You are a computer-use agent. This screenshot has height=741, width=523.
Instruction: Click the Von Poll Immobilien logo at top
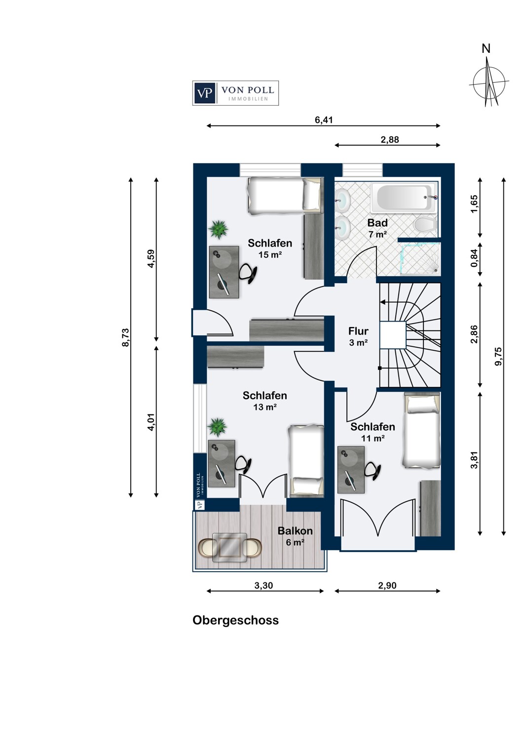pyautogui.click(x=235, y=93)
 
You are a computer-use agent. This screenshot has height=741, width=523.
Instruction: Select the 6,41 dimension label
pyautogui.click(x=324, y=120)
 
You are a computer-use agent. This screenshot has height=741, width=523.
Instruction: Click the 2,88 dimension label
pyautogui.click(x=389, y=140)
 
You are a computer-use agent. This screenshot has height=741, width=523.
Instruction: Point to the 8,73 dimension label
pyautogui.click(x=125, y=337)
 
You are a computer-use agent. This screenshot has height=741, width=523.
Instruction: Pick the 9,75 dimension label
pyautogui.click(x=498, y=356)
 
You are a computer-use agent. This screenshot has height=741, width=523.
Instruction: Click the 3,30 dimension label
pyautogui.click(x=263, y=585)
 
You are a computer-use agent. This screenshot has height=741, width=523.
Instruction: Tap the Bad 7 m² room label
pyautogui.click(x=377, y=228)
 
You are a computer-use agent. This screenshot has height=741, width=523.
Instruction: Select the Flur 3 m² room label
pyautogui.click(x=358, y=336)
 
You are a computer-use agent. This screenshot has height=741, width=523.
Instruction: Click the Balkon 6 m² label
pyautogui.click(x=295, y=536)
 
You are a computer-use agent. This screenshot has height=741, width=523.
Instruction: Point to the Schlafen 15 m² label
pyautogui.click(x=270, y=248)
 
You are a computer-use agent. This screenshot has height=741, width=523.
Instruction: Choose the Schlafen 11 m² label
pyautogui.click(x=373, y=432)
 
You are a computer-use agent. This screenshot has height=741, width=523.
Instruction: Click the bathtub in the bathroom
pyautogui.click(x=404, y=198)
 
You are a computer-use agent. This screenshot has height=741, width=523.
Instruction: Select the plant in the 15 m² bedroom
pyautogui.click(x=219, y=229)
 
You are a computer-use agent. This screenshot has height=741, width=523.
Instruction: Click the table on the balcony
pyautogui.click(x=229, y=547)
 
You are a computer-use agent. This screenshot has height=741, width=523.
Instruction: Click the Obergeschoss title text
pyautogui.click(x=235, y=620)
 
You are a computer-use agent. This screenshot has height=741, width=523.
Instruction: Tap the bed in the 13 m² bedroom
pyautogui.click(x=306, y=459)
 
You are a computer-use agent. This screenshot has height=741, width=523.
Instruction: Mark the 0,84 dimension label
pyautogui.click(x=474, y=258)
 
